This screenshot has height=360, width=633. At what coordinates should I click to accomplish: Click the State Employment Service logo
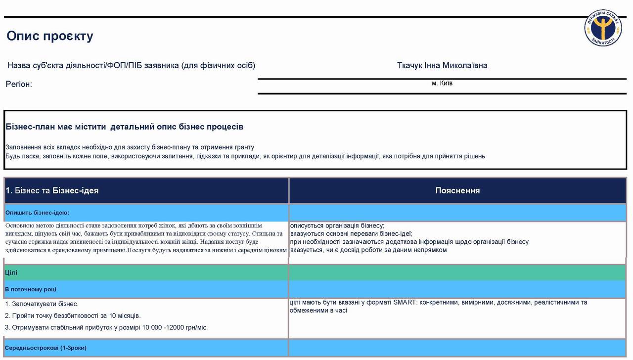click(603, 27)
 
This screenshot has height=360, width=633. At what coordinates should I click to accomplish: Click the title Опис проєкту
click(50, 36)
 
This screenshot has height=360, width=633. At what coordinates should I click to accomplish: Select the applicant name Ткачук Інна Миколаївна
click(442, 66)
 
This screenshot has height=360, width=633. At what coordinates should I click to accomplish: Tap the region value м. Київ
click(442, 83)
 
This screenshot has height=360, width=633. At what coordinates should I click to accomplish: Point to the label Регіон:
click(19, 84)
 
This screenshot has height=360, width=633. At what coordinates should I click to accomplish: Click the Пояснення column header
click(457, 190)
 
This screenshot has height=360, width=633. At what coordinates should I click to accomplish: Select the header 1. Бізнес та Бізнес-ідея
click(52, 190)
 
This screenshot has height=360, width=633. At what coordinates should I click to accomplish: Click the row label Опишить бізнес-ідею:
click(37, 213)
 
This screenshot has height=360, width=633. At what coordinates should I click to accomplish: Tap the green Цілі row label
click(11, 272)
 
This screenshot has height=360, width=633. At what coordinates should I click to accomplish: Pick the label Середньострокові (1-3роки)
click(45, 348)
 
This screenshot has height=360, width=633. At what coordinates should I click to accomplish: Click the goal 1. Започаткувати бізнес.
click(42, 304)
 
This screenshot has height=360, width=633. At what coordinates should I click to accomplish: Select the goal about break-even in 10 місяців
click(73, 315)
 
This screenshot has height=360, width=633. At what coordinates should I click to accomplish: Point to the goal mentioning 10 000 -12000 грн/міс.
click(106, 327)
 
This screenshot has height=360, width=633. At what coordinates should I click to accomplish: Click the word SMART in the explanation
click(405, 303)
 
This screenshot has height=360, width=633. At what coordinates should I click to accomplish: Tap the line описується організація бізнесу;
click(337, 225)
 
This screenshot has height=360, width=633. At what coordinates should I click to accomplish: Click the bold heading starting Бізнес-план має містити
click(125, 127)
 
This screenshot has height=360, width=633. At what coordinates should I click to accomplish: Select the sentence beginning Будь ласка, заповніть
click(245, 156)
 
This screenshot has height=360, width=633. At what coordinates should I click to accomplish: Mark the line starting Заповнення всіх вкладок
click(130, 147)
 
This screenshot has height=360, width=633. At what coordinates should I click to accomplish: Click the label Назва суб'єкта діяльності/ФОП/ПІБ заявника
click(131, 66)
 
